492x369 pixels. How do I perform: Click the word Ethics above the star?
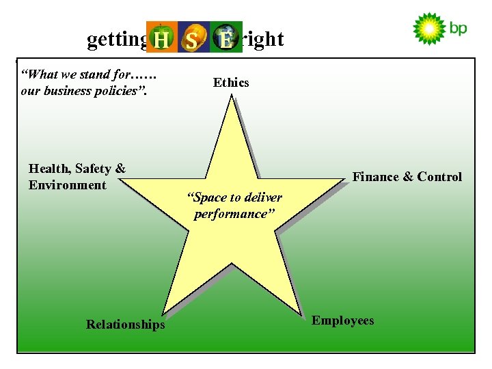(x=231, y=83)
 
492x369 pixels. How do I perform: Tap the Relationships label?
(x=125, y=325)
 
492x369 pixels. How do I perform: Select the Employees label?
(x=342, y=320)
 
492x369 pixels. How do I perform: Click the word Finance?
(x=375, y=177)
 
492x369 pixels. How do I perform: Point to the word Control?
(x=439, y=177)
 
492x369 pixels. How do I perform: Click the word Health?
(x=49, y=169)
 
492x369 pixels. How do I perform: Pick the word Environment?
(x=68, y=185)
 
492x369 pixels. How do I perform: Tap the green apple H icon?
(x=162, y=38)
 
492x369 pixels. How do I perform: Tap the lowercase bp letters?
(x=458, y=29)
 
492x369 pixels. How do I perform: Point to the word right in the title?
(x=262, y=39)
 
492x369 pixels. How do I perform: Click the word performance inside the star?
(x=234, y=214)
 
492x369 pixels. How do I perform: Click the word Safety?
(x=94, y=169)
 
